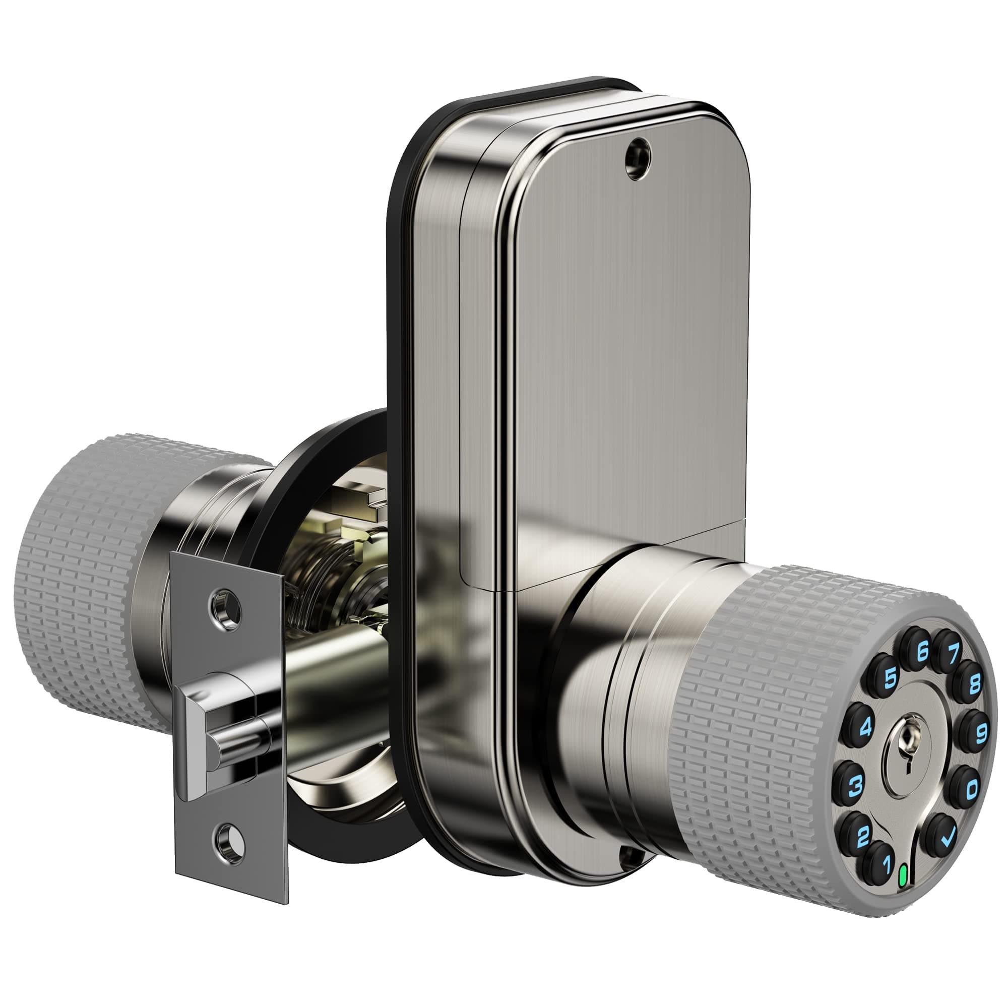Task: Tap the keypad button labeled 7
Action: [951, 652]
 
